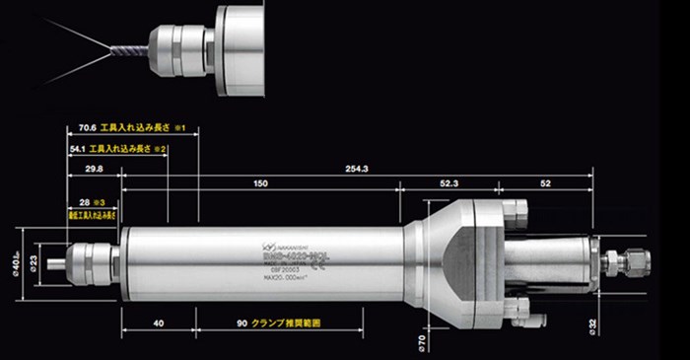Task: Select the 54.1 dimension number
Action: tap(77, 148)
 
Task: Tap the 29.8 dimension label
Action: tap(94, 170)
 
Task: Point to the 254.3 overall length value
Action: tap(357, 170)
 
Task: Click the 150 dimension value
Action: tap(260, 184)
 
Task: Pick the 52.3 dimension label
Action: tap(448, 184)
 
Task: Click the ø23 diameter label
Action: tap(34, 261)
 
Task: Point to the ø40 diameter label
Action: tap(19, 262)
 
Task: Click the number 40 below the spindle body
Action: tap(159, 323)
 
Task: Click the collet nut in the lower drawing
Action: tap(94, 262)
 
